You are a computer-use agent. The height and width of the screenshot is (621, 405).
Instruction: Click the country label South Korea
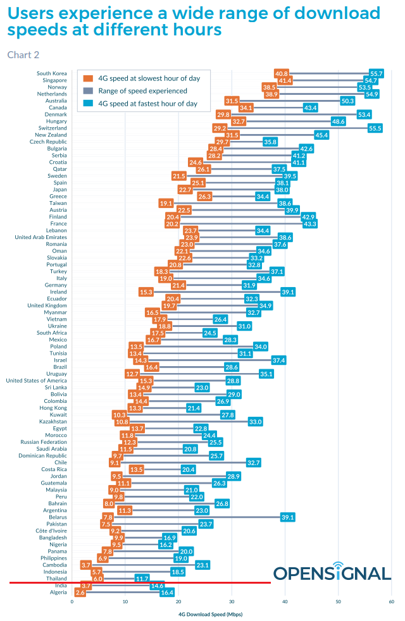pyautogui.click(x=52, y=74)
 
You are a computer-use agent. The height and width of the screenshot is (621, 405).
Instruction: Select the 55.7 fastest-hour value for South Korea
pyautogui.click(x=377, y=74)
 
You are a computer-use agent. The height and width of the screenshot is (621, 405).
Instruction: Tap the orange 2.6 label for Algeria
pyautogui.click(x=80, y=593)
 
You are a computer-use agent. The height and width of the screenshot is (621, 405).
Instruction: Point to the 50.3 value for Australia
pyautogui.click(x=347, y=101)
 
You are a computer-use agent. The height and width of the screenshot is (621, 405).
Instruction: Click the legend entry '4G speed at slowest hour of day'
pyautogui.click(x=149, y=78)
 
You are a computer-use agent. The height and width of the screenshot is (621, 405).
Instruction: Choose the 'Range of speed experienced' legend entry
pyautogui.click(x=142, y=90)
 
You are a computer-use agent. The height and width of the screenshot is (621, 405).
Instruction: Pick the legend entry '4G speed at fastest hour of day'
pyautogui.click(x=147, y=103)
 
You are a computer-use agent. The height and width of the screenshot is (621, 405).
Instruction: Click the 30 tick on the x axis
pyautogui.click(x=232, y=601)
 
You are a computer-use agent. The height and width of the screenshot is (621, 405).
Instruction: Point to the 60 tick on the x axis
pyautogui.click(x=391, y=601)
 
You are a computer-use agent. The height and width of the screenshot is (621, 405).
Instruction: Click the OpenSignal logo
pyautogui.click(x=332, y=574)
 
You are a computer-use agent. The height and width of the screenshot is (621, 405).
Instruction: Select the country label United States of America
pyautogui.click(x=36, y=381)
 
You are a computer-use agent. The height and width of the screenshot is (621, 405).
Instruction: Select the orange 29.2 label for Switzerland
pyautogui.click(x=220, y=128)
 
